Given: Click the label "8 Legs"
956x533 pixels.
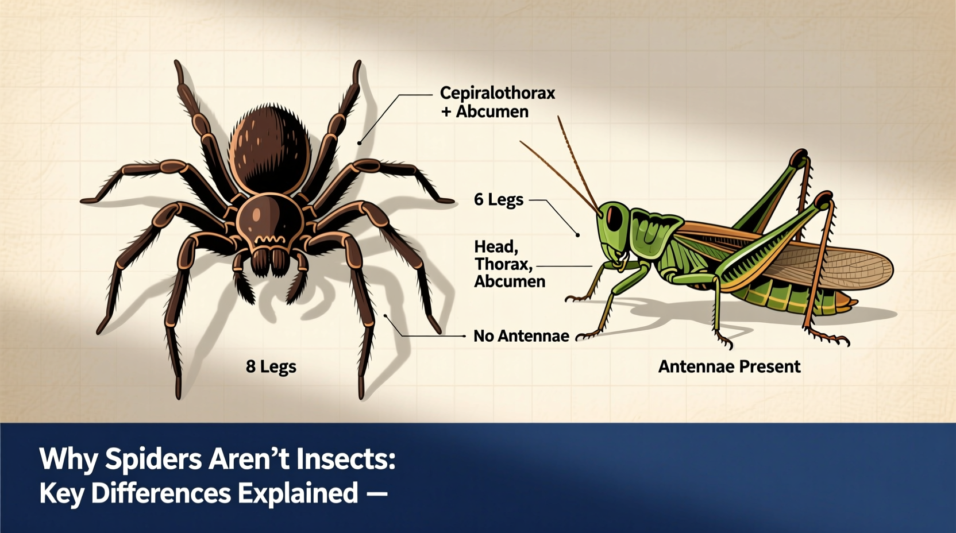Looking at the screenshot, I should click(x=271, y=366).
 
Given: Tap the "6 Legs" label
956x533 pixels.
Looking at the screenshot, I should click(x=498, y=200).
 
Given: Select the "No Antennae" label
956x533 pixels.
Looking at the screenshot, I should click(x=521, y=336).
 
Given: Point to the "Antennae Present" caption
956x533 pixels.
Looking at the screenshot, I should click(x=728, y=366).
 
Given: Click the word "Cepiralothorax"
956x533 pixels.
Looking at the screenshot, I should click(x=498, y=93).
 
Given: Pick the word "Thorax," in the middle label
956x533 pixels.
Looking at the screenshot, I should click(x=503, y=264).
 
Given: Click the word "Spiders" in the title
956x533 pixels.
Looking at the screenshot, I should click(x=153, y=459).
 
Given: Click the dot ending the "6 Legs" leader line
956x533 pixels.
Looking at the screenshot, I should click(x=577, y=235).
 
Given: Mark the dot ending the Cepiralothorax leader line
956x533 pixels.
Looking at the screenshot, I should click(x=359, y=143).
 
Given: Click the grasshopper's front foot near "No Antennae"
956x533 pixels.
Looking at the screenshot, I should click(x=583, y=336).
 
